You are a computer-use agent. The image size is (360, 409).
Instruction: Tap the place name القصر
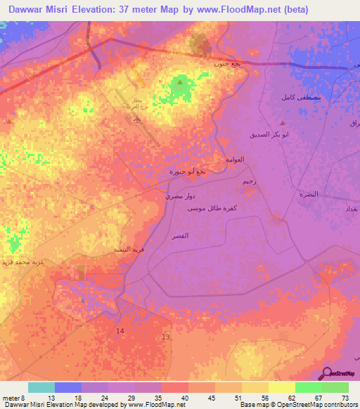point(180,237)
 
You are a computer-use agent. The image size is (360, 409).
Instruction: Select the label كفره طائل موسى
point(211,209)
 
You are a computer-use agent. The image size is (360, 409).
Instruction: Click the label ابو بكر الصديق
point(269,134)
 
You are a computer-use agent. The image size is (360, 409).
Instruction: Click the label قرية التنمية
point(129,249)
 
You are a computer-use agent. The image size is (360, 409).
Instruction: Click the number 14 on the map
point(120,330)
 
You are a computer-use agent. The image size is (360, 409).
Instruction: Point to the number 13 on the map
point(165,337)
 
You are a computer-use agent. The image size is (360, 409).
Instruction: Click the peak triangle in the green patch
point(180,83)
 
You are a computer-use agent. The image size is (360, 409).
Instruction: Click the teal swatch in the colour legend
point(41,387)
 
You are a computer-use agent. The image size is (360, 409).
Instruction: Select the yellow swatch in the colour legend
point(281,387)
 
